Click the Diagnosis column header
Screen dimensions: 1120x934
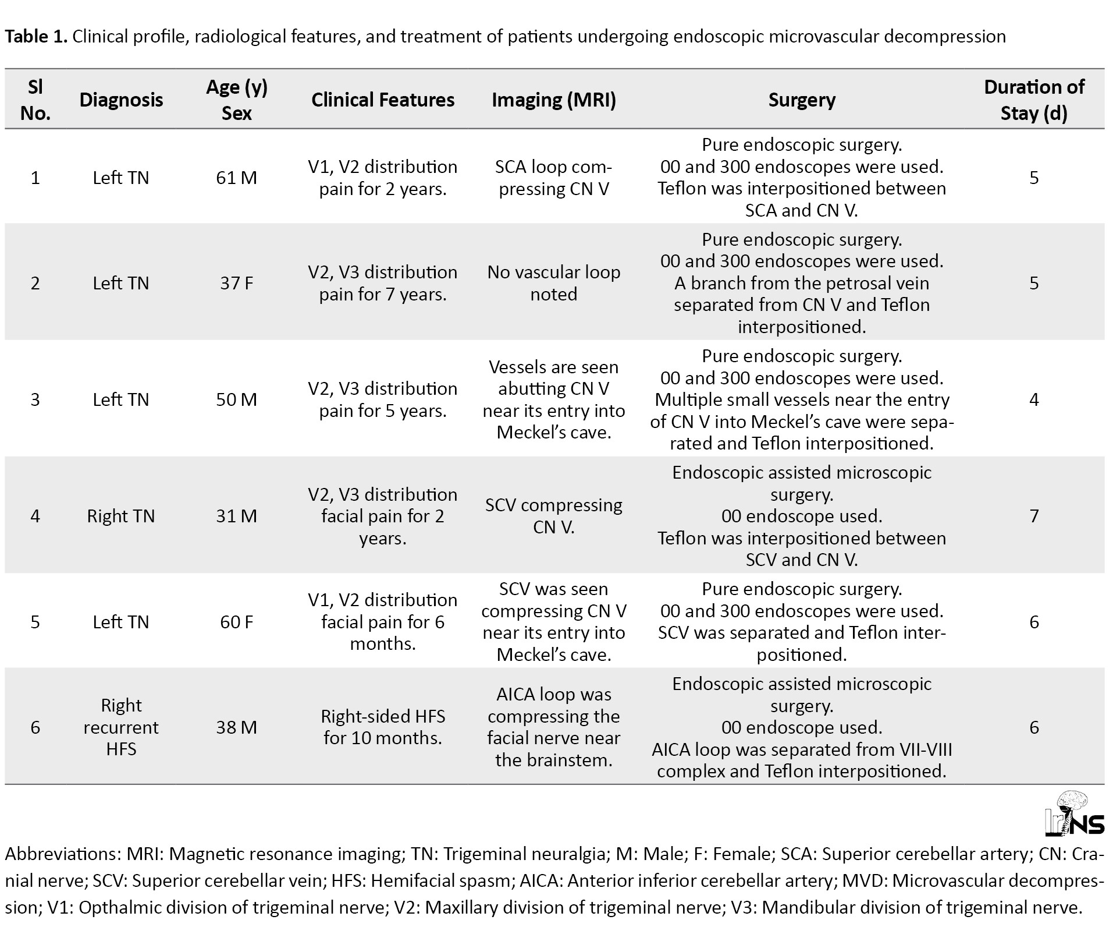(121, 100)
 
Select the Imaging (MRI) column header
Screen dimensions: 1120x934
(554, 100)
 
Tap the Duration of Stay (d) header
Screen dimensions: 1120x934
(1034, 100)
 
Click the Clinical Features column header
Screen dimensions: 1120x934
(383, 100)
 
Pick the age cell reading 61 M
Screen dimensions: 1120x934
(236, 178)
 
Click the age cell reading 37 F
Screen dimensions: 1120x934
(236, 283)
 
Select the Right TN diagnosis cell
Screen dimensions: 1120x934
(121, 516)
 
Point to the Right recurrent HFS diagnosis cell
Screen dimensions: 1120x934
(121, 727)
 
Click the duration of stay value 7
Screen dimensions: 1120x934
(1034, 516)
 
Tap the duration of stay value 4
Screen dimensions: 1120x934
(1034, 399)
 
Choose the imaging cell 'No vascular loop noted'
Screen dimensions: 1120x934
(554, 283)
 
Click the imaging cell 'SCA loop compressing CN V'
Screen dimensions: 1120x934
(554, 178)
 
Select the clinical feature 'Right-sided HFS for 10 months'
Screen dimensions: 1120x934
(383, 727)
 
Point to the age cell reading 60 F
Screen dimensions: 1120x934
(236, 622)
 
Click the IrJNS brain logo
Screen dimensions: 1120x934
(1075, 813)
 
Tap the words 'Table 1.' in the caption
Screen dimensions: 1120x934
(36, 36)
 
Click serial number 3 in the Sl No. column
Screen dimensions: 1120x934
(35, 399)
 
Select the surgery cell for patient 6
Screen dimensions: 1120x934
(802, 727)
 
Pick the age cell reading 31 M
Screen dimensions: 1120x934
(236, 516)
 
